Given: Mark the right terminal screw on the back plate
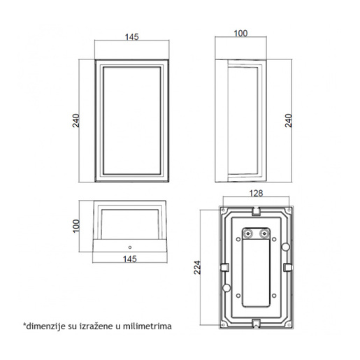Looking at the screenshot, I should pyautogui.click(x=264, y=234).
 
